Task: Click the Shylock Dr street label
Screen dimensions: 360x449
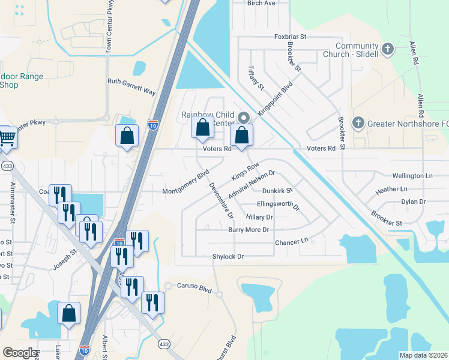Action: [x=228, y=256]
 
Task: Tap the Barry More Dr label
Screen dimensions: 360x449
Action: [x=248, y=230]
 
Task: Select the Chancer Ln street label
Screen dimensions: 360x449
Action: [x=291, y=242]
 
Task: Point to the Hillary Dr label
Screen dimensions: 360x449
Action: [x=259, y=217]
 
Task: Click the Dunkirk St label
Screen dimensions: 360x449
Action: [x=277, y=191]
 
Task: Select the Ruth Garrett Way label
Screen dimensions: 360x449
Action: [x=131, y=87]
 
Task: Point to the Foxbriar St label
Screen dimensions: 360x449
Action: [x=290, y=37]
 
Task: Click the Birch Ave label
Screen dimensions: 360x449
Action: [x=261, y=3]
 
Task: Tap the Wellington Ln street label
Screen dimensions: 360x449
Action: [x=412, y=176]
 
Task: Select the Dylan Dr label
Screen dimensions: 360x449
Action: [x=413, y=202]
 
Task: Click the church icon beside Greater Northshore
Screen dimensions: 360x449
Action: [x=358, y=123]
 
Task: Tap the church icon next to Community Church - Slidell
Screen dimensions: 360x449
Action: [x=388, y=49]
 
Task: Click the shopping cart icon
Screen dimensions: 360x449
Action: [x=7, y=137]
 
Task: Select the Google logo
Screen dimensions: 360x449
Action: [x=20, y=352]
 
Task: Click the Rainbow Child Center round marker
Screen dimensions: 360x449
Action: [x=243, y=118]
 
